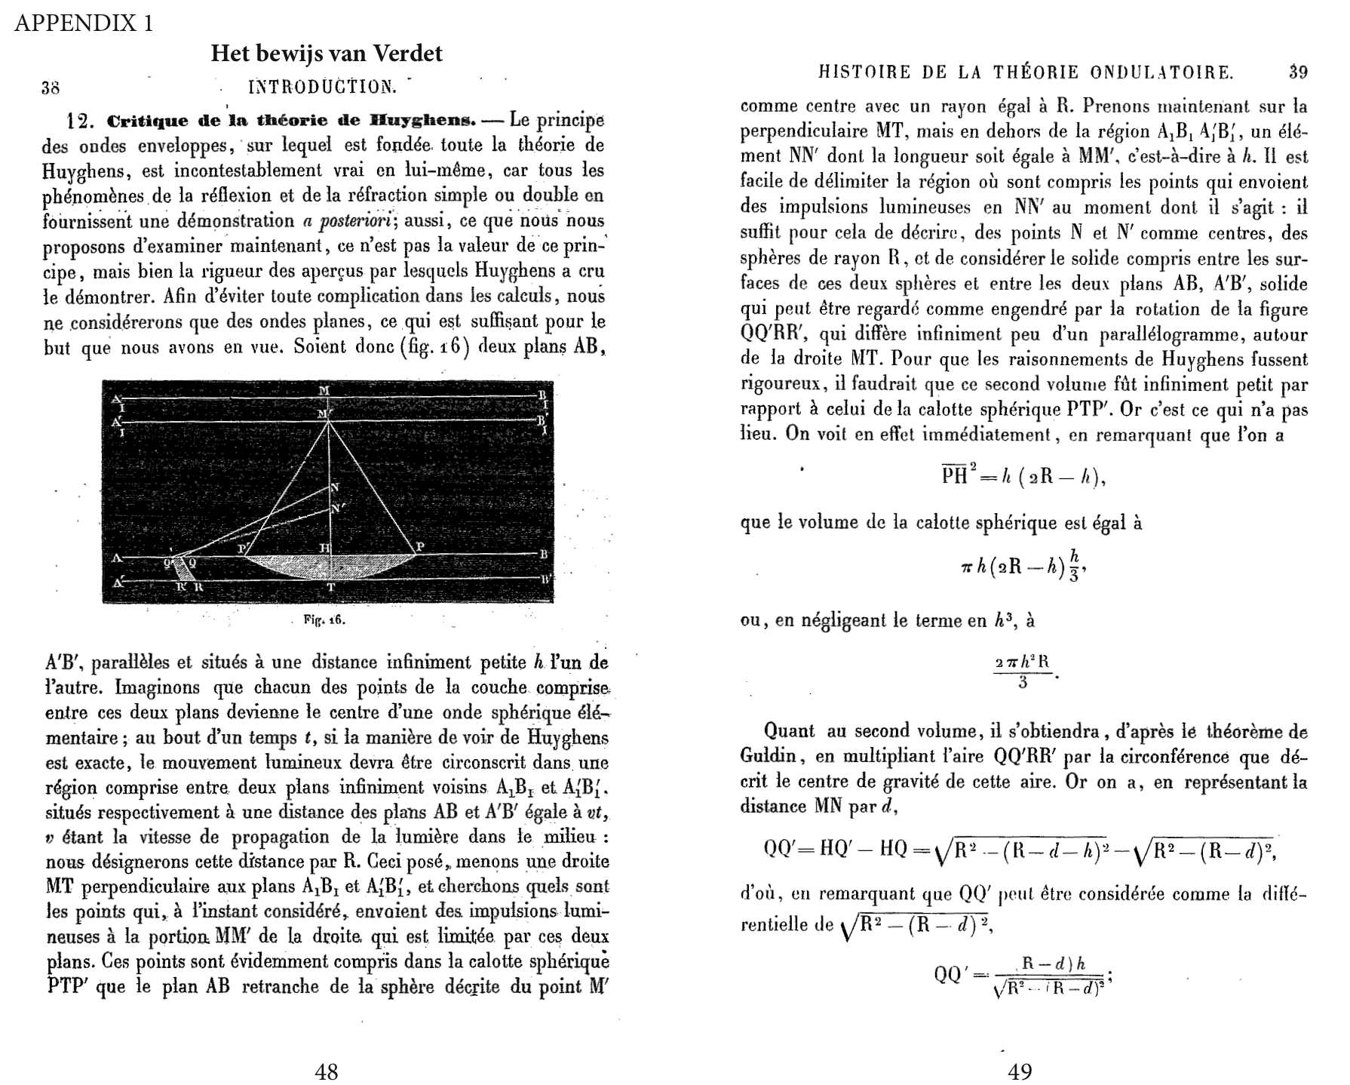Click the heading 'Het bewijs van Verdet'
coord(326,54)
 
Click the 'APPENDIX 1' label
coord(84,23)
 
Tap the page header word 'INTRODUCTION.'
coord(322,87)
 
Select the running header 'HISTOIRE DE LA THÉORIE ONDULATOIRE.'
coord(1026,72)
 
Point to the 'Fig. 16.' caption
coord(324,619)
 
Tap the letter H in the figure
coord(324,547)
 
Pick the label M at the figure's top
coord(324,390)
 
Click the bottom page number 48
coord(326,1071)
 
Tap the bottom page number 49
coord(1020,1071)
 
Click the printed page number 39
coord(1297,72)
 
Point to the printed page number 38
coord(51,88)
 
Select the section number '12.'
coord(80,121)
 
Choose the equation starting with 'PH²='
coord(1023,477)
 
